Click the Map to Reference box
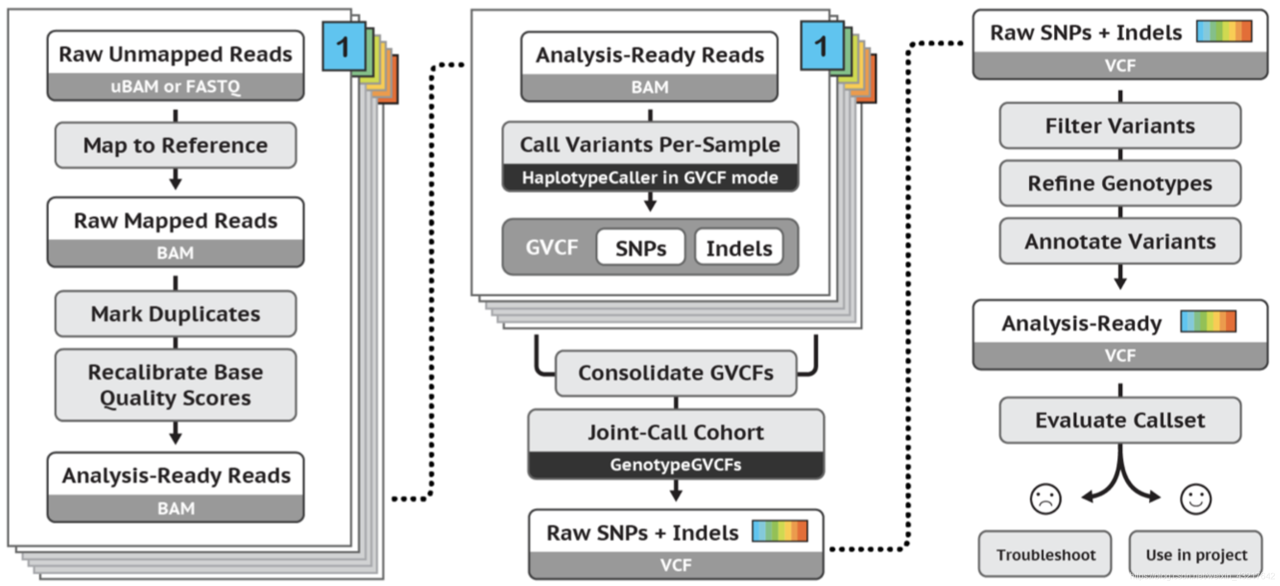click(x=175, y=145)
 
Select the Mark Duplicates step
click(x=175, y=314)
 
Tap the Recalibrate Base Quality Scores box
click(x=175, y=385)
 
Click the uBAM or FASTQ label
click(x=175, y=86)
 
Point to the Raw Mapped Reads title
click(x=175, y=220)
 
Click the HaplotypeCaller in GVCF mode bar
click(x=650, y=178)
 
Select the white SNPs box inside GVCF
click(x=641, y=248)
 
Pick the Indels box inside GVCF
click(x=739, y=248)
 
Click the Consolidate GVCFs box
click(x=676, y=373)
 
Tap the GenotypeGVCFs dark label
click(x=676, y=465)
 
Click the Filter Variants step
click(x=1120, y=126)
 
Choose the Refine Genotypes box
click(x=1120, y=184)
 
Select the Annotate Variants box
click(x=1120, y=241)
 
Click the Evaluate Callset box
click(x=1120, y=421)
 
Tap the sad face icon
click(x=1045, y=499)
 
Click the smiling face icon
click(x=1196, y=499)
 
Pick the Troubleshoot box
click(x=1045, y=555)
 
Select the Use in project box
click(x=1196, y=555)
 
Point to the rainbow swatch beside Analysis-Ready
click(x=1208, y=322)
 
